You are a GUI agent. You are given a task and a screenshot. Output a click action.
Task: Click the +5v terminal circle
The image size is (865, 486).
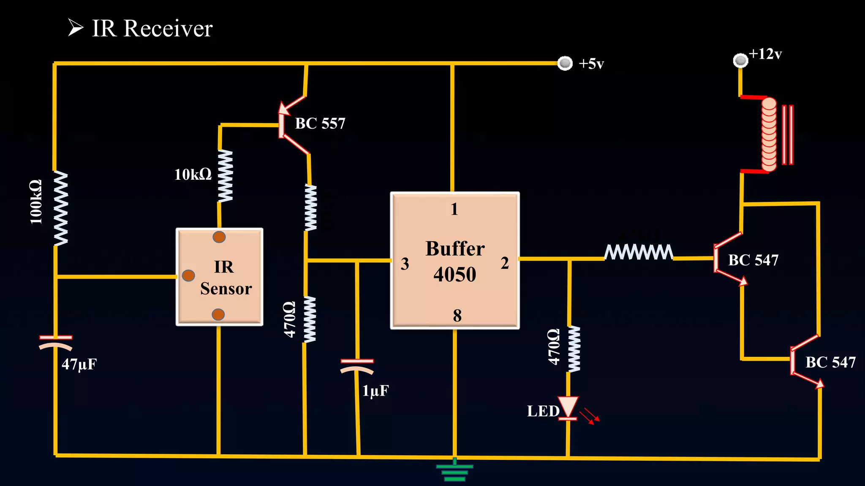565,63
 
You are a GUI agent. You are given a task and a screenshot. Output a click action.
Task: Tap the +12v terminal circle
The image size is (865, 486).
740,60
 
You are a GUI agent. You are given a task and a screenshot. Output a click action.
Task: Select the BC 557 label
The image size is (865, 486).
320,124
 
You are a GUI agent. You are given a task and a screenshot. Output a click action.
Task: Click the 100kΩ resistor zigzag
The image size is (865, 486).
60,208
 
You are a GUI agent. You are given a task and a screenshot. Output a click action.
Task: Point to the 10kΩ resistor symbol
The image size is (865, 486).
225,175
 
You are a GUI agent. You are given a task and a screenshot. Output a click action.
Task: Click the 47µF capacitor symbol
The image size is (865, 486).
56,342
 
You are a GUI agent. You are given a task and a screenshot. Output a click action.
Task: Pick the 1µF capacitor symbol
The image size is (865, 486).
357,366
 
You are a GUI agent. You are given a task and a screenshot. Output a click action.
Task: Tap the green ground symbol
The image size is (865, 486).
454,471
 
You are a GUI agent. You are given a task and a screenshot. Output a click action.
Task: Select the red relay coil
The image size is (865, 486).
769,134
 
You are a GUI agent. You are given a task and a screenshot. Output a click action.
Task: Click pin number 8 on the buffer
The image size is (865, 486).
457,315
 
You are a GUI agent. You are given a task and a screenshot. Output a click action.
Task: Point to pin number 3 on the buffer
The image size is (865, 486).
405,264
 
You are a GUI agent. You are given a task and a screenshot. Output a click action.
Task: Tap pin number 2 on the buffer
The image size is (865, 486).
505,263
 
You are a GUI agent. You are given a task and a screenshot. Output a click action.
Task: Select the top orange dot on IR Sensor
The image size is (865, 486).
219,237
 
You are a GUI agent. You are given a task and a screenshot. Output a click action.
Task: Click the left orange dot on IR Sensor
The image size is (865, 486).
188,275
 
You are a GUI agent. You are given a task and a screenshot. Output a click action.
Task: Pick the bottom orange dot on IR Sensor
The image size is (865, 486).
218,314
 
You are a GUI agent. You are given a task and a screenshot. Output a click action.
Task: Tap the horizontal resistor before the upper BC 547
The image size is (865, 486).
638,252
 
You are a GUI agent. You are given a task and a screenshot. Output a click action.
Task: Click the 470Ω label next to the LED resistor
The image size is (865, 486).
553,347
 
